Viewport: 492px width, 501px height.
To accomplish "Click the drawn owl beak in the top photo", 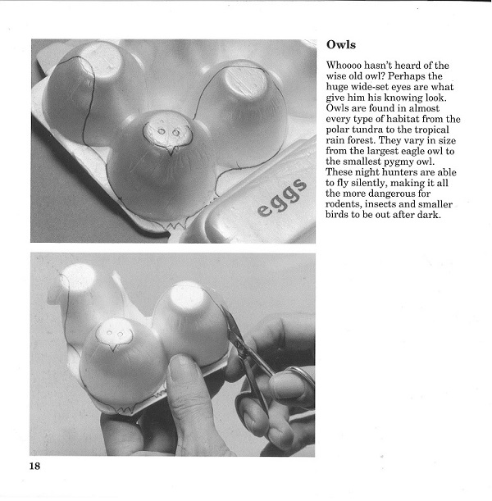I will point(171,151).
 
